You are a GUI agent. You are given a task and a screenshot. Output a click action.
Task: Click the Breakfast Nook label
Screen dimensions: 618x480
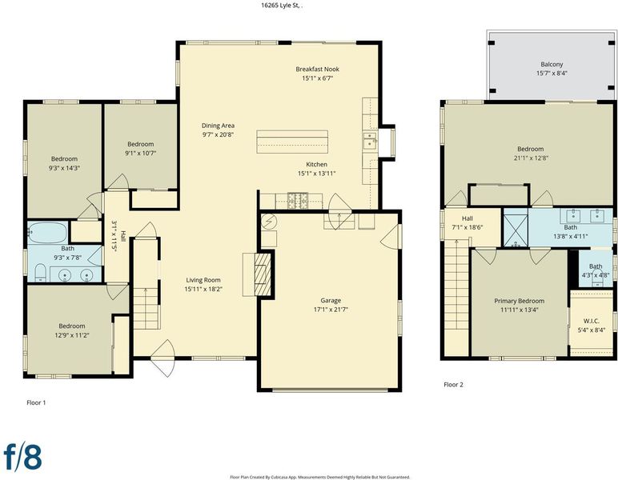tap(317, 69)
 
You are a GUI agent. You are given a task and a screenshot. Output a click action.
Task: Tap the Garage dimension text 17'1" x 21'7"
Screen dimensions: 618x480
tap(331, 310)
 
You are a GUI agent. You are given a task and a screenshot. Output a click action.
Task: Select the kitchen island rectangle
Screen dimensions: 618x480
tap(292, 142)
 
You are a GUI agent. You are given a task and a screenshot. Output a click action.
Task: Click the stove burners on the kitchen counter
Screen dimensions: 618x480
tap(299, 201)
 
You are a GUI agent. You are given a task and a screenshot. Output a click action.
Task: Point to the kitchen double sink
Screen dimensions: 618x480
tap(370, 140)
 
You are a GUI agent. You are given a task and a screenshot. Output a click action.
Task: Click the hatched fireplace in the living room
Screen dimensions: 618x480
tap(263, 274)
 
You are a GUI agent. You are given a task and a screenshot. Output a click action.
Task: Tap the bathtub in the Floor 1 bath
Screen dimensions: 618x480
tap(48, 232)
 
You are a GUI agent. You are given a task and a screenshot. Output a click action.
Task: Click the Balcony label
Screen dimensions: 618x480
tap(552, 64)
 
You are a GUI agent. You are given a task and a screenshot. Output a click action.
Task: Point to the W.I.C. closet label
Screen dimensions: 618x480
tap(592, 322)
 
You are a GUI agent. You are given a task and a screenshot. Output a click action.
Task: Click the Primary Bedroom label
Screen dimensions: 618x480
tap(520, 301)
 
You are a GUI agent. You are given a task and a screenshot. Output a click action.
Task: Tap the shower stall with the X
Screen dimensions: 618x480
tap(516, 227)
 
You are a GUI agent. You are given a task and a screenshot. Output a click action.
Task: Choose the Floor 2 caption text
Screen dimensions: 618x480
tap(453, 385)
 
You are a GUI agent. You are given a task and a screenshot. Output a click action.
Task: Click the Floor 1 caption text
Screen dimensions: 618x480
tap(36, 402)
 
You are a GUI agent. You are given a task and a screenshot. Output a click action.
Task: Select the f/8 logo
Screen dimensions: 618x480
tap(23, 456)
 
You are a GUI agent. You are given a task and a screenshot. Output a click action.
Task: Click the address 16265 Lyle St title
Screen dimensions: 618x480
tap(283, 6)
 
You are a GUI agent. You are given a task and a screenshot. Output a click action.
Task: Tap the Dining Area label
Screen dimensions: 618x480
tap(218, 126)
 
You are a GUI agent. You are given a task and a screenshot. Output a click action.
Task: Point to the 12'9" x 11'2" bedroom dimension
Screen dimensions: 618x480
tap(72, 335)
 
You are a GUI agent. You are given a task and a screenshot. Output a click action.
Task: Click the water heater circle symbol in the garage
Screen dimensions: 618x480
tap(269, 222)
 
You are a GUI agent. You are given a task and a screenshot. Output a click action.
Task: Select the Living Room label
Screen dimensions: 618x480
tap(203, 280)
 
